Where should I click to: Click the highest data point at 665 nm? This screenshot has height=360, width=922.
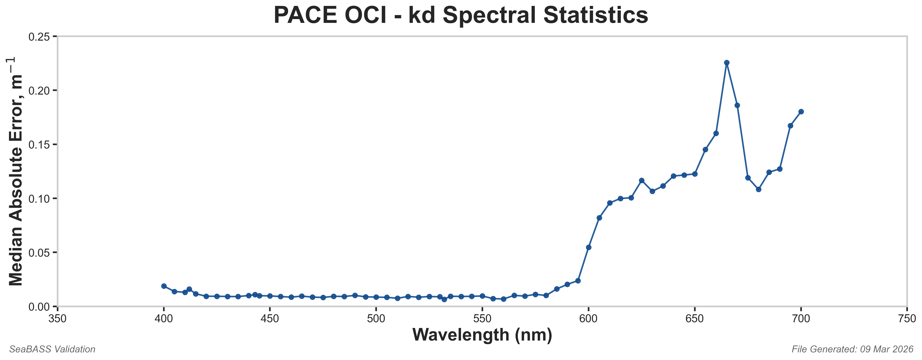click(726, 63)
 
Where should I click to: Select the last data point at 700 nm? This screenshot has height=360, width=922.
click(801, 112)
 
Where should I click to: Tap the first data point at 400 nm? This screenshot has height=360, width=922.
click(164, 286)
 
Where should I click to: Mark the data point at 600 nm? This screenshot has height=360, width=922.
click(588, 247)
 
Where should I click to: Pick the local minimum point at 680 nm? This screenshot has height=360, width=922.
click(758, 189)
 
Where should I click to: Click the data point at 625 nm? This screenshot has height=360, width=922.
click(642, 180)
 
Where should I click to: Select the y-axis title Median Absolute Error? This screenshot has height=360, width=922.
click(16, 172)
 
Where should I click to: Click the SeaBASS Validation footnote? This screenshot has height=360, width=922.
click(52, 349)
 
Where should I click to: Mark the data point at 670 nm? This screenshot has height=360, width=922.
click(737, 105)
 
